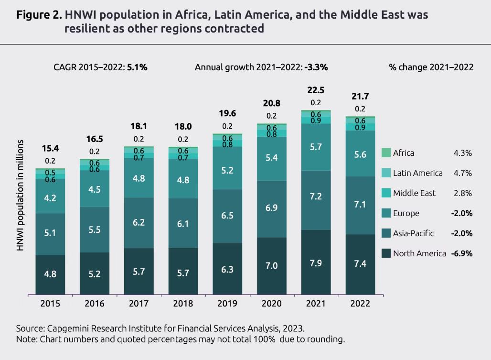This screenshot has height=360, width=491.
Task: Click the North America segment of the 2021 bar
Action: (x=315, y=262)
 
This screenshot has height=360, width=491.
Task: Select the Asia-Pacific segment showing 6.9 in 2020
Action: (x=271, y=208)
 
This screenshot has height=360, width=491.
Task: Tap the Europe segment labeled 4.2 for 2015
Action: (x=50, y=198)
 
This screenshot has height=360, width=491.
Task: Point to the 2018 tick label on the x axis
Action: (x=183, y=304)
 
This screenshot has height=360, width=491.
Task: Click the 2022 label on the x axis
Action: (x=360, y=304)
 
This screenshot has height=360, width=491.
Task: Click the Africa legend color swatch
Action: (x=386, y=153)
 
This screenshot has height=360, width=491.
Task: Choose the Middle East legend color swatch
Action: (x=386, y=193)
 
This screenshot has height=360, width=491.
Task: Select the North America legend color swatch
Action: (x=386, y=253)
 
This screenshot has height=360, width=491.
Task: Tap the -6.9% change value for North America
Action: (x=461, y=253)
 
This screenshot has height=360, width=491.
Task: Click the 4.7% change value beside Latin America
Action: (x=463, y=173)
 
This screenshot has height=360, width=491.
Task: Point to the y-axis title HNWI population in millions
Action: (x=21, y=196)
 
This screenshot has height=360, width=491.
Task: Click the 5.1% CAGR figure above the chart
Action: (x=137, y=67)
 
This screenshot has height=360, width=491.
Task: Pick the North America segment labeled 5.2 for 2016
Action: (x=95, y=273)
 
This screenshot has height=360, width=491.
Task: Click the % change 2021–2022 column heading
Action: (x=431, y=67)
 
